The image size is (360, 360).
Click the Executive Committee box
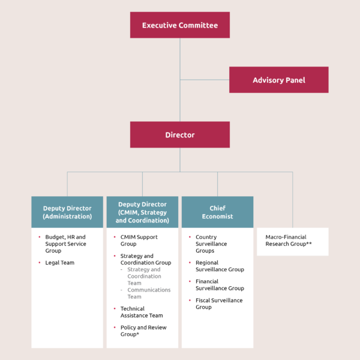(180, 25)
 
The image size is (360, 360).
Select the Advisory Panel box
(278, 80)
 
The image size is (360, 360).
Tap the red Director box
(180, 135)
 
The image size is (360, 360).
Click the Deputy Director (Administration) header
(67, 212)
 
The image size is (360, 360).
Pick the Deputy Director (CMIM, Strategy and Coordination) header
(142, 212)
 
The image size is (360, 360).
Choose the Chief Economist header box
(217, 212)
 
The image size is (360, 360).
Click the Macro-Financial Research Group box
(293, 241)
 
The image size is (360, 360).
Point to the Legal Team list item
(60, 263)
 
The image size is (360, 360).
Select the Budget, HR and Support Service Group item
(65, 244)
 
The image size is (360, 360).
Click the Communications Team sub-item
(149, 293)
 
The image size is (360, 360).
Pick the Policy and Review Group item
(143, 331)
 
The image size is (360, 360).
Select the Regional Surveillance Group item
(219, 266)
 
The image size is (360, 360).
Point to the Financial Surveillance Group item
(220, 284)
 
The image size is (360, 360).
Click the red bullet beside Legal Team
(40, 263)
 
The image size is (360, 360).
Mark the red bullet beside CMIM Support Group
(115, 237)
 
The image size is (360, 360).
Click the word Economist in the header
(217, 216)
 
